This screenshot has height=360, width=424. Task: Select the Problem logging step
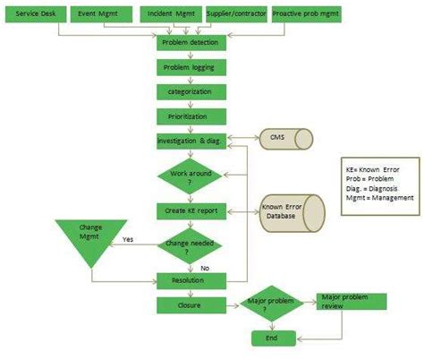pos(190,67)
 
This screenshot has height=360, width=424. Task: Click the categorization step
pos(190,91)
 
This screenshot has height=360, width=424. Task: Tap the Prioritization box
pos(190,116)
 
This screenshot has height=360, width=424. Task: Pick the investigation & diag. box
pos(190,141)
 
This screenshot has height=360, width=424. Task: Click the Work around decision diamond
pos(190,176)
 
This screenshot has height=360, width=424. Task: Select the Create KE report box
pos(190,210)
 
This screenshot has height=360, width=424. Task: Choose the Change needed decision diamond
pos(190,244)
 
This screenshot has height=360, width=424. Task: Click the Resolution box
pos(190,280)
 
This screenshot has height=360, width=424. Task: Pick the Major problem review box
pos(352,301)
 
